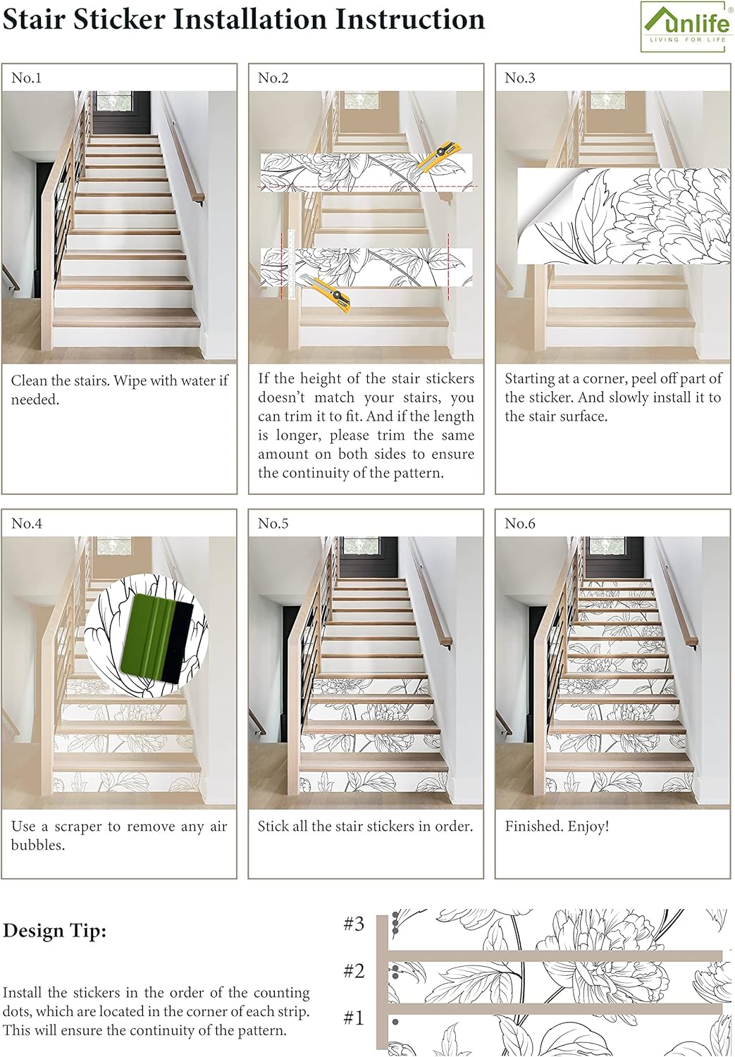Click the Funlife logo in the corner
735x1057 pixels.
point(686,26)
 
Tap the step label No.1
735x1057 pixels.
point(27,78)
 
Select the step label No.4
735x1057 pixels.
point(27,524)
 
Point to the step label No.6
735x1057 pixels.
point(520,524)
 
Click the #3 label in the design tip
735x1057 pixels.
point(354,924)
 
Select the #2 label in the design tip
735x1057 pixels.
point(354,971)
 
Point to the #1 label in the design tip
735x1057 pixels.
point(354,1018)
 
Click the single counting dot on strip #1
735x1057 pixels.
point(395,1022)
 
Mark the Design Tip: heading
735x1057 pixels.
point(54,931)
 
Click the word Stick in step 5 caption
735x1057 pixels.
point(272,826)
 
